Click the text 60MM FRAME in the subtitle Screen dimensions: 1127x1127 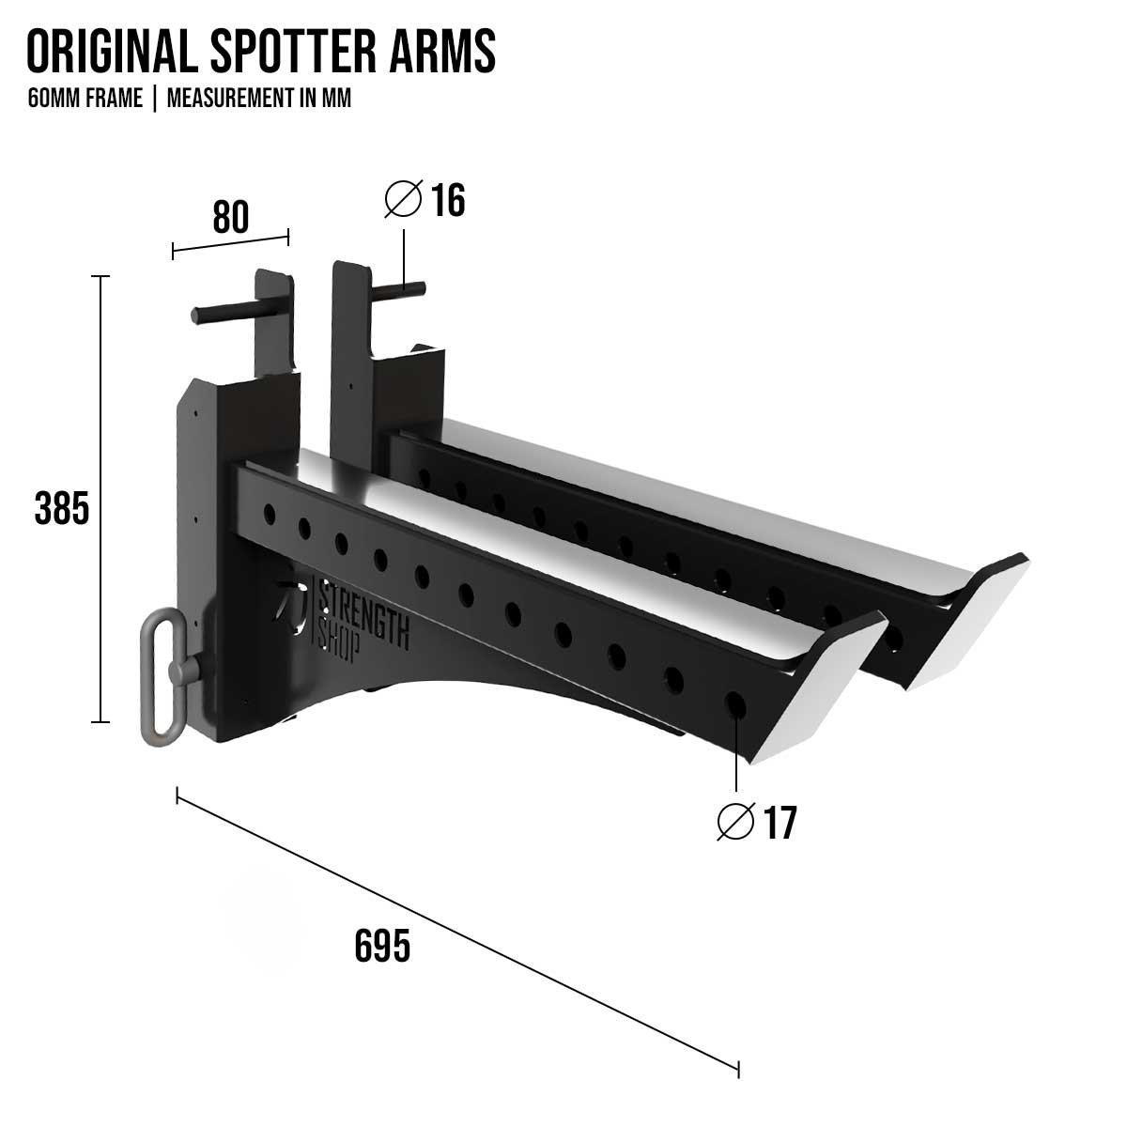[85, 99]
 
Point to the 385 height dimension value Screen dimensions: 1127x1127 [61, 508]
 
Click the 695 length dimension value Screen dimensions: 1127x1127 [382, 946]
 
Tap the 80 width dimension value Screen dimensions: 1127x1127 [231, 217]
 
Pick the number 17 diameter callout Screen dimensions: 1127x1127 [779, 824]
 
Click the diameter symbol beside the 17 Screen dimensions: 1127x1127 [735, 823]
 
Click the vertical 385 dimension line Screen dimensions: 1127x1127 [100, 498]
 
